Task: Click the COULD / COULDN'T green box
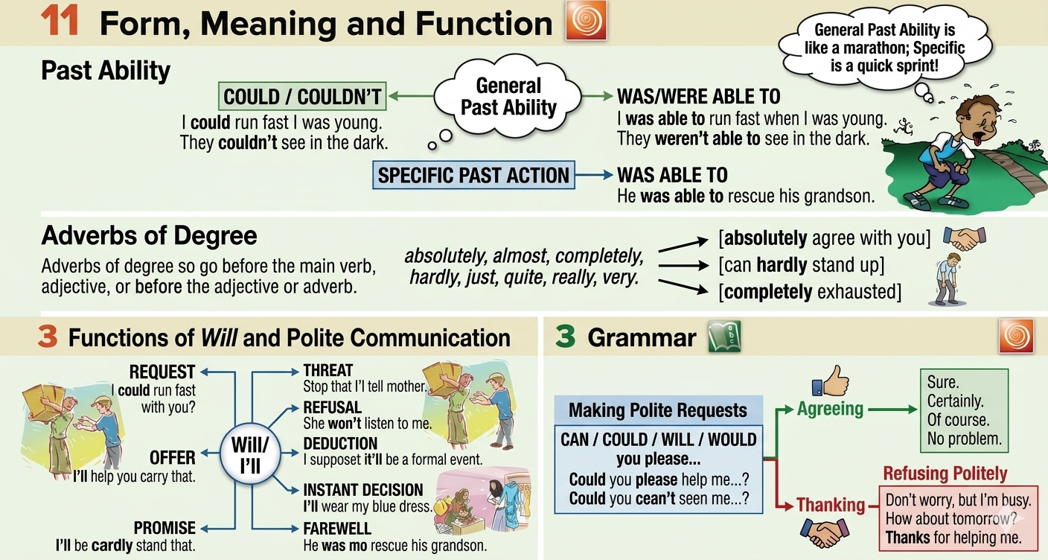[302, 97]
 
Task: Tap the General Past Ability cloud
[508, 97]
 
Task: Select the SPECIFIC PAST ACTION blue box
[473, 175]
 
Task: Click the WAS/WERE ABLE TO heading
[698, 97]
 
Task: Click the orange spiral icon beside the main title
[587, 20]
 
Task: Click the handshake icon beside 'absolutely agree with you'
[965, 238]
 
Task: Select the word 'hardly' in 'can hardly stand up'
[782, 265]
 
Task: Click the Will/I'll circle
[251, 455]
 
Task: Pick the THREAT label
[328, 370]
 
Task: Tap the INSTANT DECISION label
[363, 490]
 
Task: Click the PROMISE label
[164, 528]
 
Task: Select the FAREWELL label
[337, 529]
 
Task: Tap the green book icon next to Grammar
[724, 336]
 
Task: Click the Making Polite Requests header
[658, 410]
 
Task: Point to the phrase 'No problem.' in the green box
[964, 439]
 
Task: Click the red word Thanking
[831, 505]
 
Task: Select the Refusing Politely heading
[945, 474]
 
